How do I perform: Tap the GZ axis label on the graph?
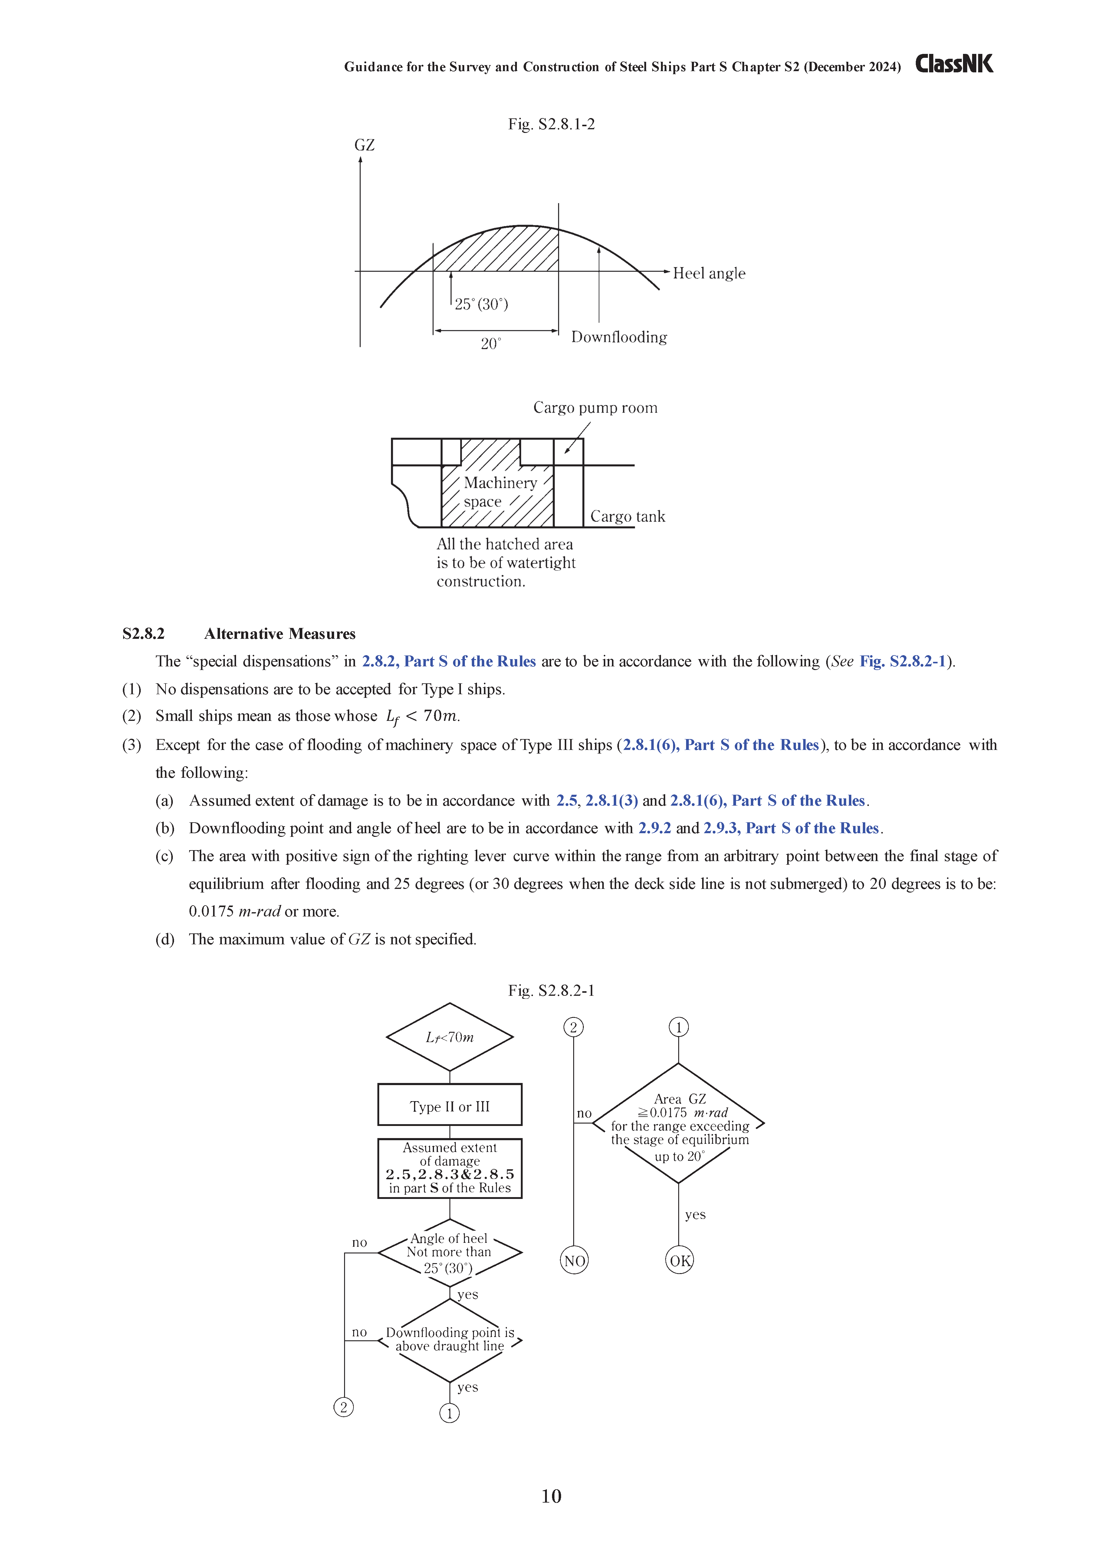click(x=364, y=145)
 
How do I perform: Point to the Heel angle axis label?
click(x=709, y=273)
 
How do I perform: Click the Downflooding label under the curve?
click(x=619, y=337)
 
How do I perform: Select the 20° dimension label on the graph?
click(x=491, y=344)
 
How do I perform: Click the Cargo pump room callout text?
click(x=595, y=408)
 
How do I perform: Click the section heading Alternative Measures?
click(x=280, y=634)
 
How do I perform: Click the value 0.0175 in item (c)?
click(x=211, y=911)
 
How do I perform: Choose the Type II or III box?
click(x=450, y=1107)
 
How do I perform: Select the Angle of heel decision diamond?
click(x=450, y=1253)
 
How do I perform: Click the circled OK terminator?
click(x=679, y=1261)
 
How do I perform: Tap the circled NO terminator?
click(x=574, y=1261)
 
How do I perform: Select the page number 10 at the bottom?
click(x=551, y=1496)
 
